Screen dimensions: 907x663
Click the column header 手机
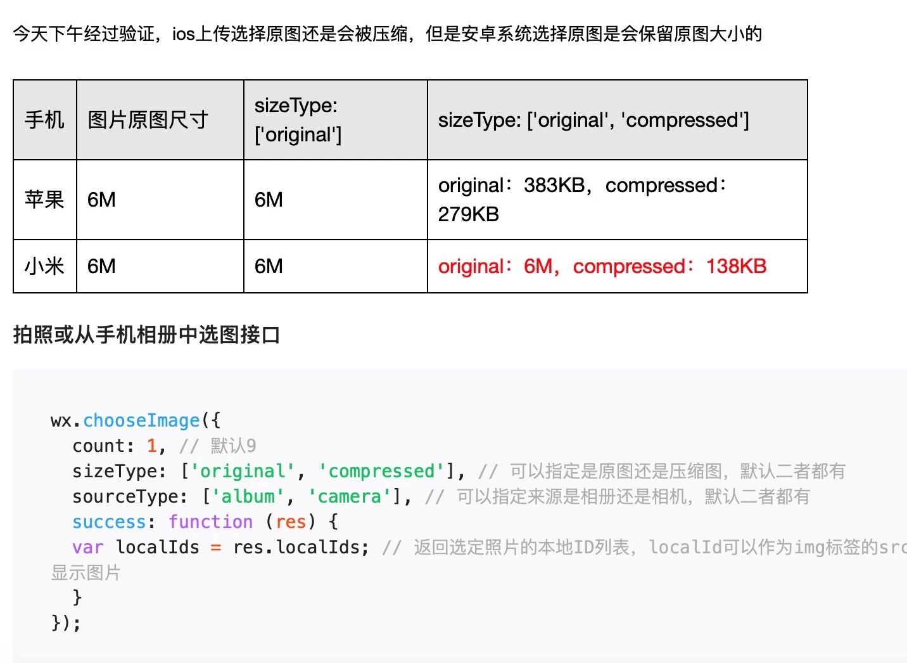(44, 120)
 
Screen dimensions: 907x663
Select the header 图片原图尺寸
(148, 120)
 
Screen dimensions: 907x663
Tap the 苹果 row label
(44, 200)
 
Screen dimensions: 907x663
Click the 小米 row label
(44, 266)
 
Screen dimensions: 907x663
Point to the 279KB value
(469, 214)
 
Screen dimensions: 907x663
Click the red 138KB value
(736, 266)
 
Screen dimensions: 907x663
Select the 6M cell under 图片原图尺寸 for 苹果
(101, 200)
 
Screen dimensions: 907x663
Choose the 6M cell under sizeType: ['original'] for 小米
(269, 266)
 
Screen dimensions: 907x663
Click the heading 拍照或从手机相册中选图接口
(146, 334)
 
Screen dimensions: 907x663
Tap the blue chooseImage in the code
(141, 420)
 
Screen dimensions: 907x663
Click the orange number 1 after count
(152, 446)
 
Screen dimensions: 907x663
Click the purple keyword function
(210, 522)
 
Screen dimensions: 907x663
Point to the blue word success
(109, 522)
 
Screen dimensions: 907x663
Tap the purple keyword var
(87, 547)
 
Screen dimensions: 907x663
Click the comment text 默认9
(233, 446)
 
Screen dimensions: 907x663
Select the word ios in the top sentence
(183, 34)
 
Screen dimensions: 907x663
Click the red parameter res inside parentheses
(291, 522)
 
